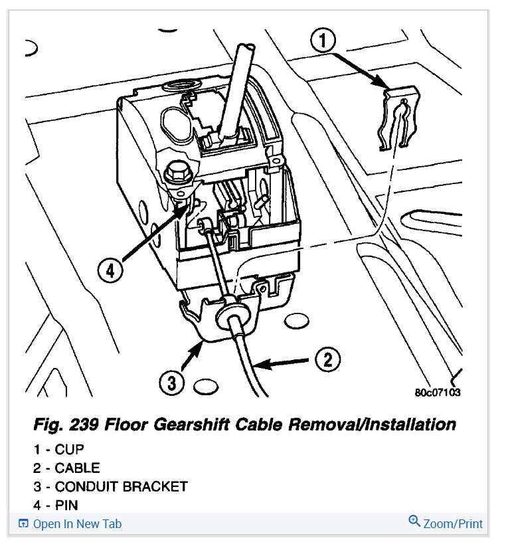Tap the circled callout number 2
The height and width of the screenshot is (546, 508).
click(x=327, y=361)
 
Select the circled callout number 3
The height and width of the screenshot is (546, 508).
click(x=171, y=383)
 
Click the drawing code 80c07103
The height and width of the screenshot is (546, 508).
click(x=437, y=392)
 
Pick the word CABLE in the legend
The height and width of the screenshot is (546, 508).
click(x=77, y=468)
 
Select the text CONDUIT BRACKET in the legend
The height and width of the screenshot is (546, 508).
click(x=122, y=487)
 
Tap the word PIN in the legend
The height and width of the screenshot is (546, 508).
click(x=66, y=506)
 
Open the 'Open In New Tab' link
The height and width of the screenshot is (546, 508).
click(x=77, y=524)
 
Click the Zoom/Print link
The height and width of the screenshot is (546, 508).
click(x=454, y=524)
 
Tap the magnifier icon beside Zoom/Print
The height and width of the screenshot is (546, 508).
click(x=414, y=522)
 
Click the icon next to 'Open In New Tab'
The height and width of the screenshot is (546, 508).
click(x=23, y=524)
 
